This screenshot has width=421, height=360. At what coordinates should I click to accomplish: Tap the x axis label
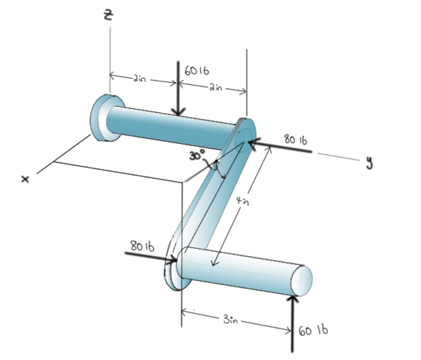[x=26, y=179]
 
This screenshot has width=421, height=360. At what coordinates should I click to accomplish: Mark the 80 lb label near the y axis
[x=295, y=140]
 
